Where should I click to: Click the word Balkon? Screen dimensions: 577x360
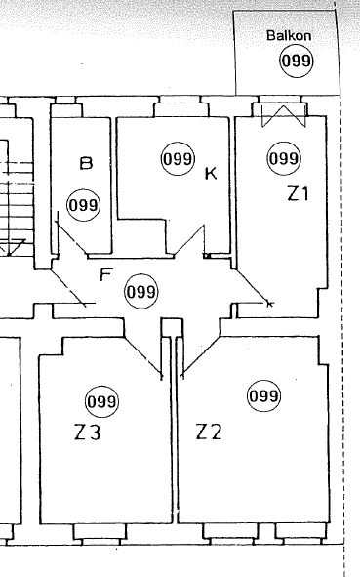click(x=288, y=35)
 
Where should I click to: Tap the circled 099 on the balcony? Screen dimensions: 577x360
click(x=297, y=62)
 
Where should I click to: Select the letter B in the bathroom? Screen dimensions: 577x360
click(x=86, y=163)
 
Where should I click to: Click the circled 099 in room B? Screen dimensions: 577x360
click(x=84, y=205)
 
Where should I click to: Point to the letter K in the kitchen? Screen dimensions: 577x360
click(x=209, y=175)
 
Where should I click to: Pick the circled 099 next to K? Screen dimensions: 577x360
click(x=177, y=158)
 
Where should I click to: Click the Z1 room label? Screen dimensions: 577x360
click(x=297, y=193)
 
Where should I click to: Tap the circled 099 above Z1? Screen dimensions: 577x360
click(x=283, y=158)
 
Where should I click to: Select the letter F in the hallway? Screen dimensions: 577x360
click(x=106, y=274)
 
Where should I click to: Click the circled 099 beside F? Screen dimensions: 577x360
click(x=141, y=291)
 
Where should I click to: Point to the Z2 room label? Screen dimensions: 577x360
click(x=209, y=431)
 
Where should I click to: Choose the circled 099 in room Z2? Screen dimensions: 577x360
click(x=263, y=396)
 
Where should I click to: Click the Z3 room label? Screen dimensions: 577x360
click(x=87, y=432)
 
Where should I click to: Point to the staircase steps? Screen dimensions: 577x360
click(x=18, y=195)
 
